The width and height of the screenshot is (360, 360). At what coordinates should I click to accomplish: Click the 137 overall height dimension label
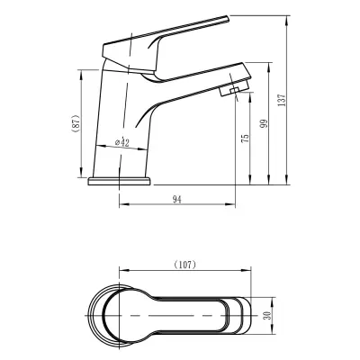point(282,100)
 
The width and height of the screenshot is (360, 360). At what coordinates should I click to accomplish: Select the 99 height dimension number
point(264,123)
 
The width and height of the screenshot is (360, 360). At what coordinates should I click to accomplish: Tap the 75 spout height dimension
point(246,138)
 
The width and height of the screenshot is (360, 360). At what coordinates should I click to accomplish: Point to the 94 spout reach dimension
point(177,200)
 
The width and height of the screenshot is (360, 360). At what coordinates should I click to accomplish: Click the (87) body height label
point(76,123)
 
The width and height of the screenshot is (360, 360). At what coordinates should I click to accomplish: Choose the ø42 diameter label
point(122,142)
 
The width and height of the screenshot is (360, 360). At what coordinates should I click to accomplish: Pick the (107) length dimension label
point(184,265)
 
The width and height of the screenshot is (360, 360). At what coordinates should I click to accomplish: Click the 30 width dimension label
point(267,315)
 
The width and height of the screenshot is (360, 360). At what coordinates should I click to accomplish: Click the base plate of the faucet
point(119,181)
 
